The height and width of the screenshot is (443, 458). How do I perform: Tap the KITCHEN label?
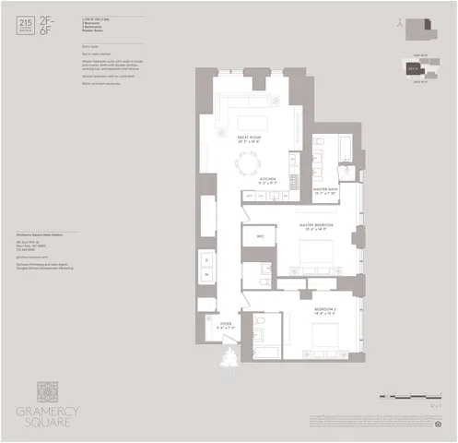[x=268, y=179]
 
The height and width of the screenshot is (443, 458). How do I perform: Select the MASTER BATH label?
[x=328, y=191]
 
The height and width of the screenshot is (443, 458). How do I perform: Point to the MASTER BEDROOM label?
[x=315, y=225]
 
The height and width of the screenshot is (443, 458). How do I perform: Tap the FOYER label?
[x=226, y=324]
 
